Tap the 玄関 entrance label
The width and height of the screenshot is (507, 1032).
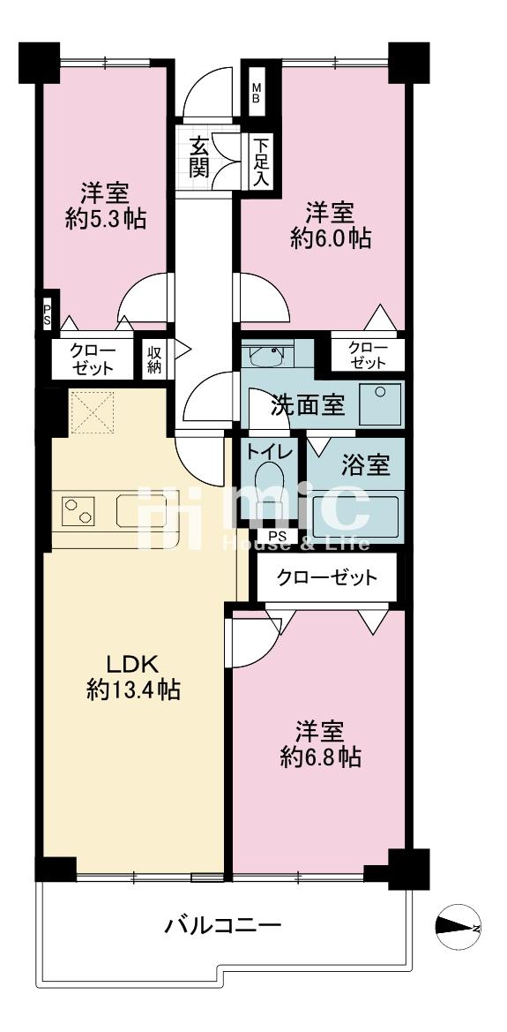(199, 156)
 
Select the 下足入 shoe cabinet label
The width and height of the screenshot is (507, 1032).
(261, 162)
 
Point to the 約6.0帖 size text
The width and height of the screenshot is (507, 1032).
(331, 238)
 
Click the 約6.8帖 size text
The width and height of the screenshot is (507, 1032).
(320, 757)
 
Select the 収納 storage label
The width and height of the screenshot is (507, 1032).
(155, 358)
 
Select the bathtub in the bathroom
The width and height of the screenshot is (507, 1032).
(357, 516)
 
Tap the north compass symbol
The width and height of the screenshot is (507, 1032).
(458, 926)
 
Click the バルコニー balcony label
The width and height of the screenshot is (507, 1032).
(223, 926)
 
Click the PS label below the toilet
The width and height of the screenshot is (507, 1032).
(277, 537)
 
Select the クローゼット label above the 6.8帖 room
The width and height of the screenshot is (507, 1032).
(327, 578)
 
